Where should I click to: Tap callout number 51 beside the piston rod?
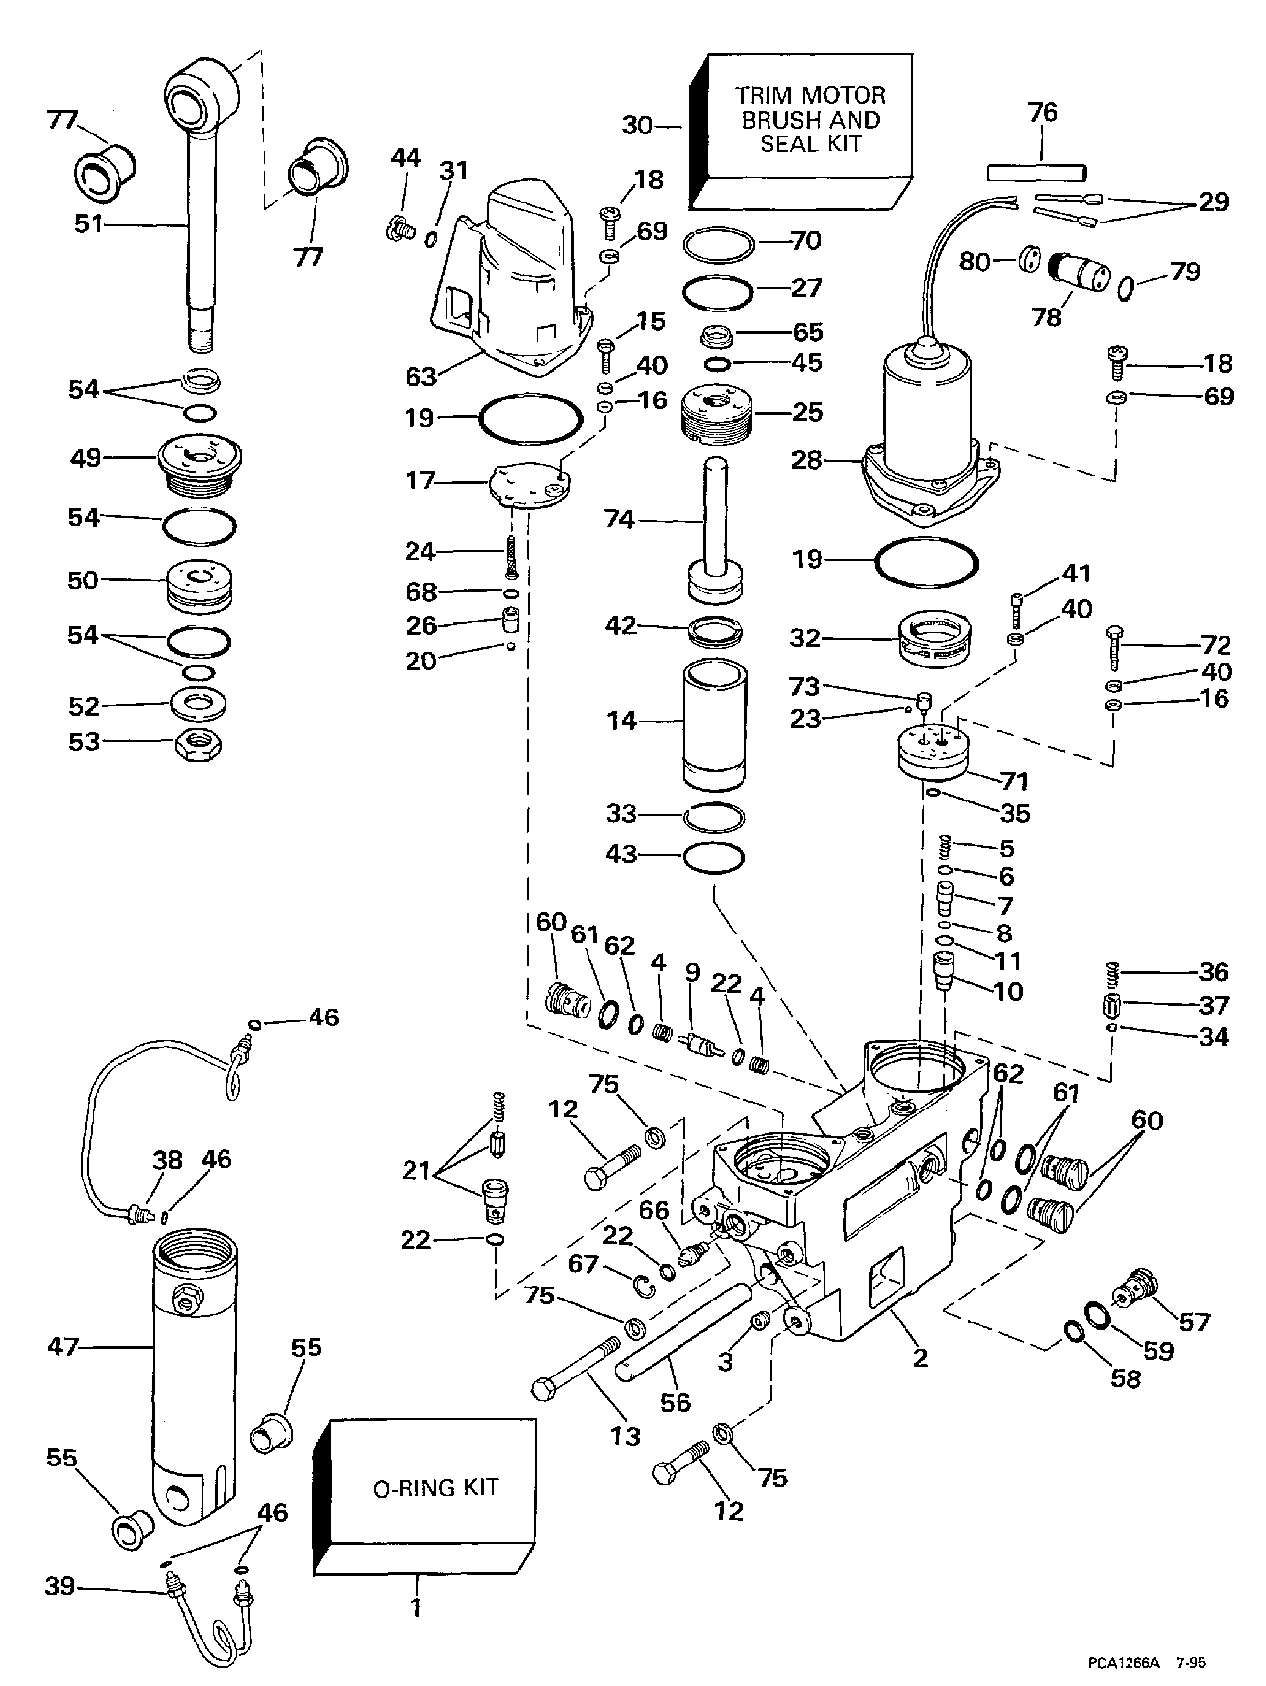tap(89, 224)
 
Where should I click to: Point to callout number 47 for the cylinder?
tap(63, 1346)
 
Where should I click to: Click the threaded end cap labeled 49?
tap(201, 462)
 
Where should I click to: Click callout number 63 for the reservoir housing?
tap(422, 377)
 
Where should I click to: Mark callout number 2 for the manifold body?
tap(920, 1357)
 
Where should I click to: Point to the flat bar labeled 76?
tap(1037, 171)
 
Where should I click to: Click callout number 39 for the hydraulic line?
tap(60, 1588)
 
